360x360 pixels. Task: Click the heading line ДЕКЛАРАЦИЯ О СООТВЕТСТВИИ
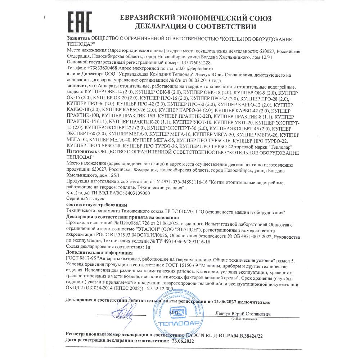[195, 27]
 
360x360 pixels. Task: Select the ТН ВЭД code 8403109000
[135, 193]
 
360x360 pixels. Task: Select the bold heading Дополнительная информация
[98, 253]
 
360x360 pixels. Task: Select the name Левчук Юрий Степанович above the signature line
[243, 314]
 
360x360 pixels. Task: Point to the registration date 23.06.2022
[183, 341]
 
